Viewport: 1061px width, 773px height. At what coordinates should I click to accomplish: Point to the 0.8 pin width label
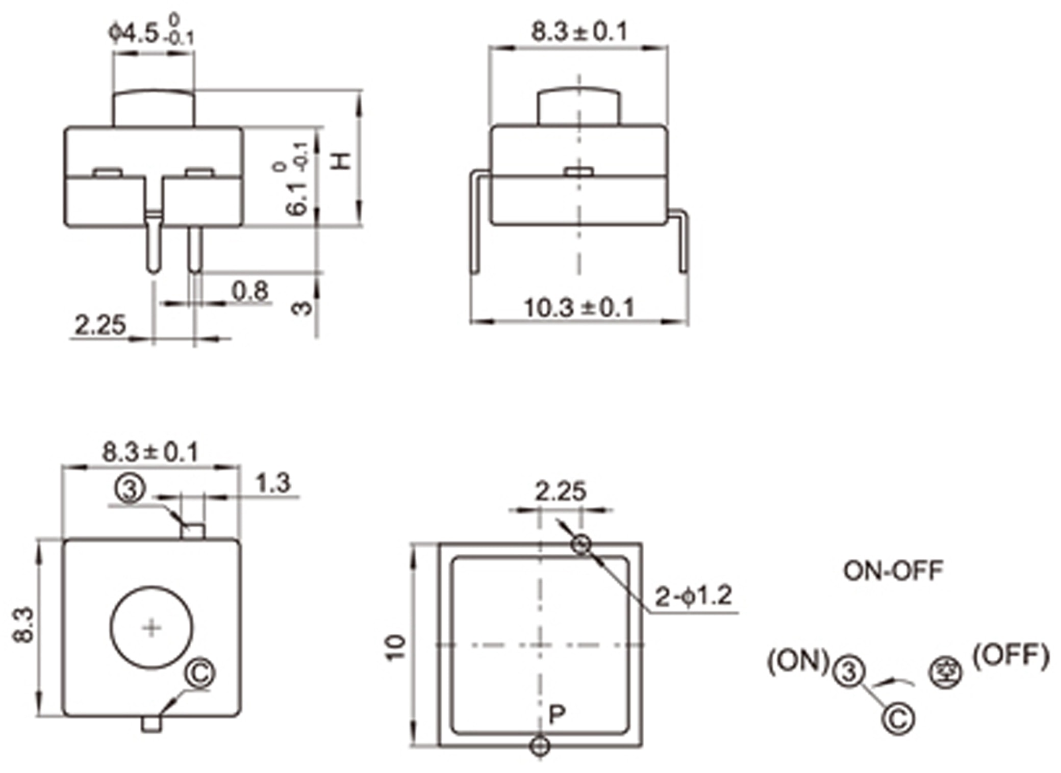(250, 291)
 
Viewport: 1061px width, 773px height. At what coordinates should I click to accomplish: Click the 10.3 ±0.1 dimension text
(579, 307)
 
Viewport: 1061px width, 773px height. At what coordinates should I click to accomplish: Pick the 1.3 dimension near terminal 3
(273, 483)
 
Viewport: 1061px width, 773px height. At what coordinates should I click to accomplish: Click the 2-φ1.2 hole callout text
(693, 596)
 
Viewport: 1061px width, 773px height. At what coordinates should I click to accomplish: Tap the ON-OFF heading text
(893, 571)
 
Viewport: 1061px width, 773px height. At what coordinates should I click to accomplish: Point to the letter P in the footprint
(557, 714)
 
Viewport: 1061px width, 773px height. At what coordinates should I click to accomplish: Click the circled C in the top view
(200, 673)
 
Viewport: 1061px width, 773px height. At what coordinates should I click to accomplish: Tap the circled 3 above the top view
(130, 488)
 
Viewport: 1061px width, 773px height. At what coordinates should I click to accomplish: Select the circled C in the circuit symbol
(898, 719)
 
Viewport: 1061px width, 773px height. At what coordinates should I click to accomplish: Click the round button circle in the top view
(151, 628)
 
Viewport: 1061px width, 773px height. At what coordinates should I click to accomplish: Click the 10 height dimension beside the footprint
(396, 648)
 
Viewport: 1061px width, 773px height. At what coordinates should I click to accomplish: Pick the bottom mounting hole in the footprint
(540, 746)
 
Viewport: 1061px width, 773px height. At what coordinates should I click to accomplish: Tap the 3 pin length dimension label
(302, 307)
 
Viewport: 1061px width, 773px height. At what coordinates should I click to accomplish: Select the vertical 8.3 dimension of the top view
(23, 625)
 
